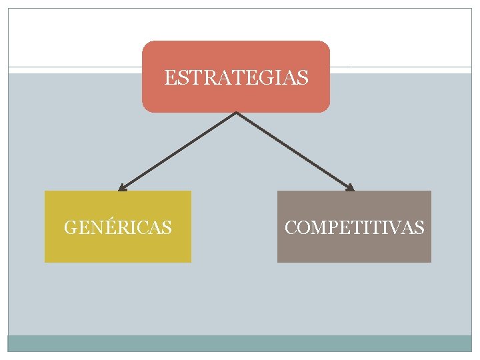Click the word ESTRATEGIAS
pos(236,79)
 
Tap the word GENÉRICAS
pos(117,228)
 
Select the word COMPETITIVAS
pos(354,228)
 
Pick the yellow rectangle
pos(117,250)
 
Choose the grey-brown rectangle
pos(354,250)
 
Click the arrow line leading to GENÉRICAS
pos(177,152)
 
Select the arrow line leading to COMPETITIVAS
pos(295,152)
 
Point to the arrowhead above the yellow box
pos(121,189)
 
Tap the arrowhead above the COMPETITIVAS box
pos(351,189)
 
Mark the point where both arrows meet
pos(236,113)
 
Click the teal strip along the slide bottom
pos(239,343)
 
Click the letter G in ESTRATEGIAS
pos(263,79)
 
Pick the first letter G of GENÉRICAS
pos(70,228)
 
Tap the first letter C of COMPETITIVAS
pos(291,228)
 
